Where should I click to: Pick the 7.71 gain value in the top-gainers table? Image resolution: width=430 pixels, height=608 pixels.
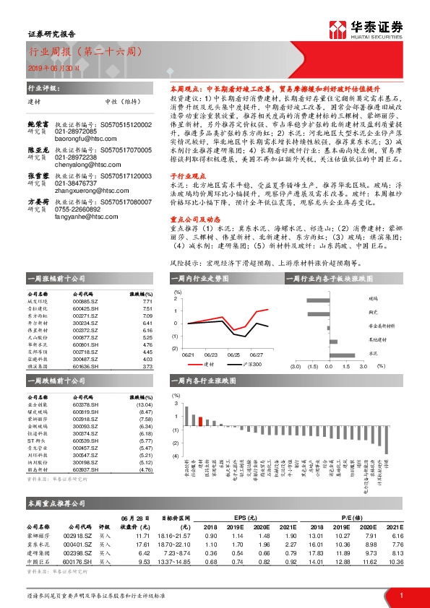coord(147,302)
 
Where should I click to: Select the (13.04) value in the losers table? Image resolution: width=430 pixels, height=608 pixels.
coord(145,404)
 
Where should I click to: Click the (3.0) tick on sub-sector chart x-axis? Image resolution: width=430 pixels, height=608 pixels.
coord(295,366)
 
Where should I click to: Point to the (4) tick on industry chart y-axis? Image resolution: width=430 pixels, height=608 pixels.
coord(176,456)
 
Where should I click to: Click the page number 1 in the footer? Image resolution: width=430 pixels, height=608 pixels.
coord(400,595)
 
